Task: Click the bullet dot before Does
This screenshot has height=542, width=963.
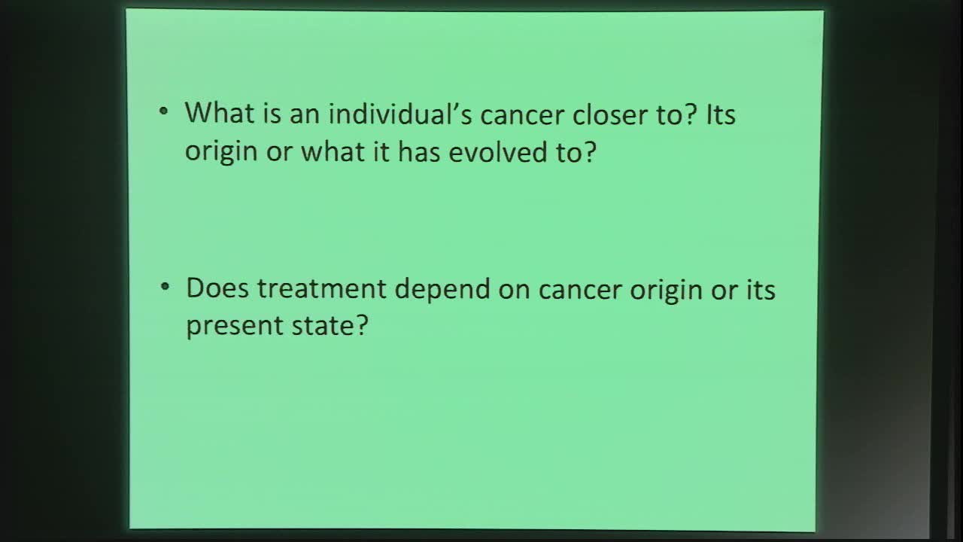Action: coord(165,288)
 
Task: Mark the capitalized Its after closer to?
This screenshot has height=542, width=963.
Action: coord(720,114)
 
